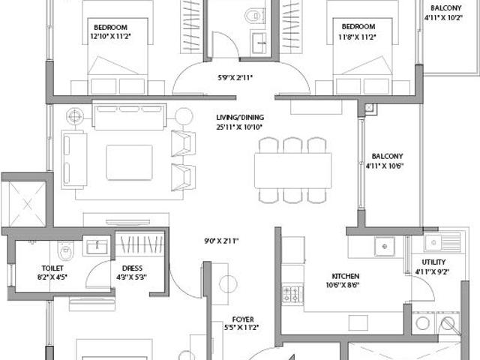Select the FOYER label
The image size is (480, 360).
241,317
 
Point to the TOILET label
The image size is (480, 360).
52,268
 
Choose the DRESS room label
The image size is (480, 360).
132,268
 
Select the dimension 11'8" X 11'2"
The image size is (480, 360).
355,36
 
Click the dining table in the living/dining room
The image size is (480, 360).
292,170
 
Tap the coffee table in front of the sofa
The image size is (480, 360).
129,162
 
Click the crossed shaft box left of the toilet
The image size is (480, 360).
23,200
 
